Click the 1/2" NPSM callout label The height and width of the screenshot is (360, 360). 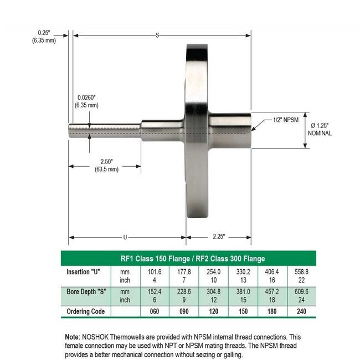pyautogui.click(x=286, y=120)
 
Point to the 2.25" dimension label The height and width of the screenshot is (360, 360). pyautogui.click(x=218, y=237)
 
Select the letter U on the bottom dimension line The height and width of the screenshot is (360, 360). pyautogui.click(x=126, y=237)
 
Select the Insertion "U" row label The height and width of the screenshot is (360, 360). pyautogui.click(x=84, y=271)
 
